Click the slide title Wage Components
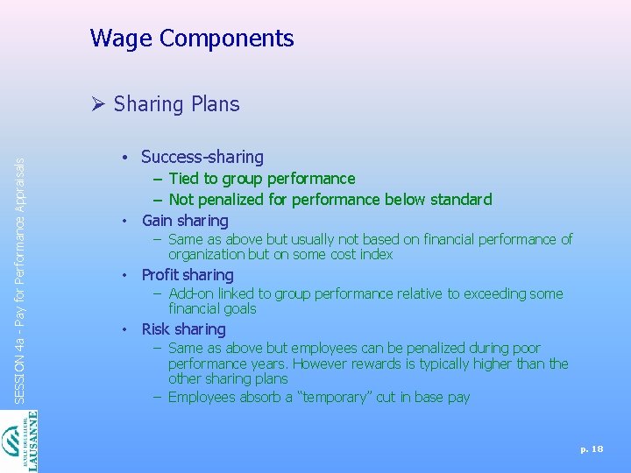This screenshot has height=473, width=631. [191, 39]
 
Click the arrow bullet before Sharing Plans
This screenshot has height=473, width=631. [98, 104]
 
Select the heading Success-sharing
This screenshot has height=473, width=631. [202, 157]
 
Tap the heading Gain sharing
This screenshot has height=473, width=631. [184, 220]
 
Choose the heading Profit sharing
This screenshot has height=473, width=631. [188, 275]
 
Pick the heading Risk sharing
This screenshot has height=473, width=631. [183, 329]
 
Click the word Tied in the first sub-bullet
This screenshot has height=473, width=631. [184, 179]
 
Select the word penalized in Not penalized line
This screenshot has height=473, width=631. [236, 200]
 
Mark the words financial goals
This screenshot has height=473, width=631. [212, 308]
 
